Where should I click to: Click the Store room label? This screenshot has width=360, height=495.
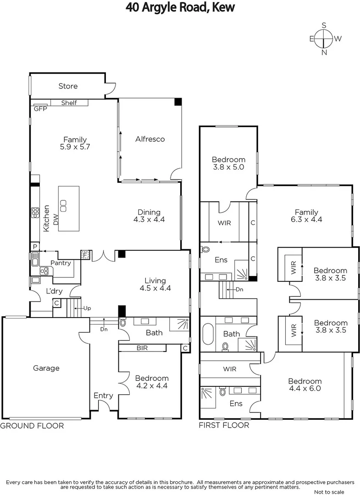click(x=68, y=86)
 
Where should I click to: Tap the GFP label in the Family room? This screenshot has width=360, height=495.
click(x=38, y=109)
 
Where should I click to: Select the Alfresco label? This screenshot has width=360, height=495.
click(x=150, y=139)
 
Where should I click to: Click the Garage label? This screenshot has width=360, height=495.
click(x=46, y=368)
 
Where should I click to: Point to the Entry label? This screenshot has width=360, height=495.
click(x=103, y=396)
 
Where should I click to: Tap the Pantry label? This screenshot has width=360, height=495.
click(x=61, y=263)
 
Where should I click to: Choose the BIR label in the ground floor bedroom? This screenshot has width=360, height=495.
click(x=142, y=348)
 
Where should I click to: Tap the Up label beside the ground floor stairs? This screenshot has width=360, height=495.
click(x=87, y=308)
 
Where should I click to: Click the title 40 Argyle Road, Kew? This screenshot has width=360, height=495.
click(x=180, y=8)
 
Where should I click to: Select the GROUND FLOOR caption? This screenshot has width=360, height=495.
click(x=32, y=426)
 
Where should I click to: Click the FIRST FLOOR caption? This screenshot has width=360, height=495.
click(x=224, y=425)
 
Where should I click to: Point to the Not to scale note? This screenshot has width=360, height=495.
click(x=329, y=492)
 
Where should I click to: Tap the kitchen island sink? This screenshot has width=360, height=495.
click(x=63, y=206)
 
